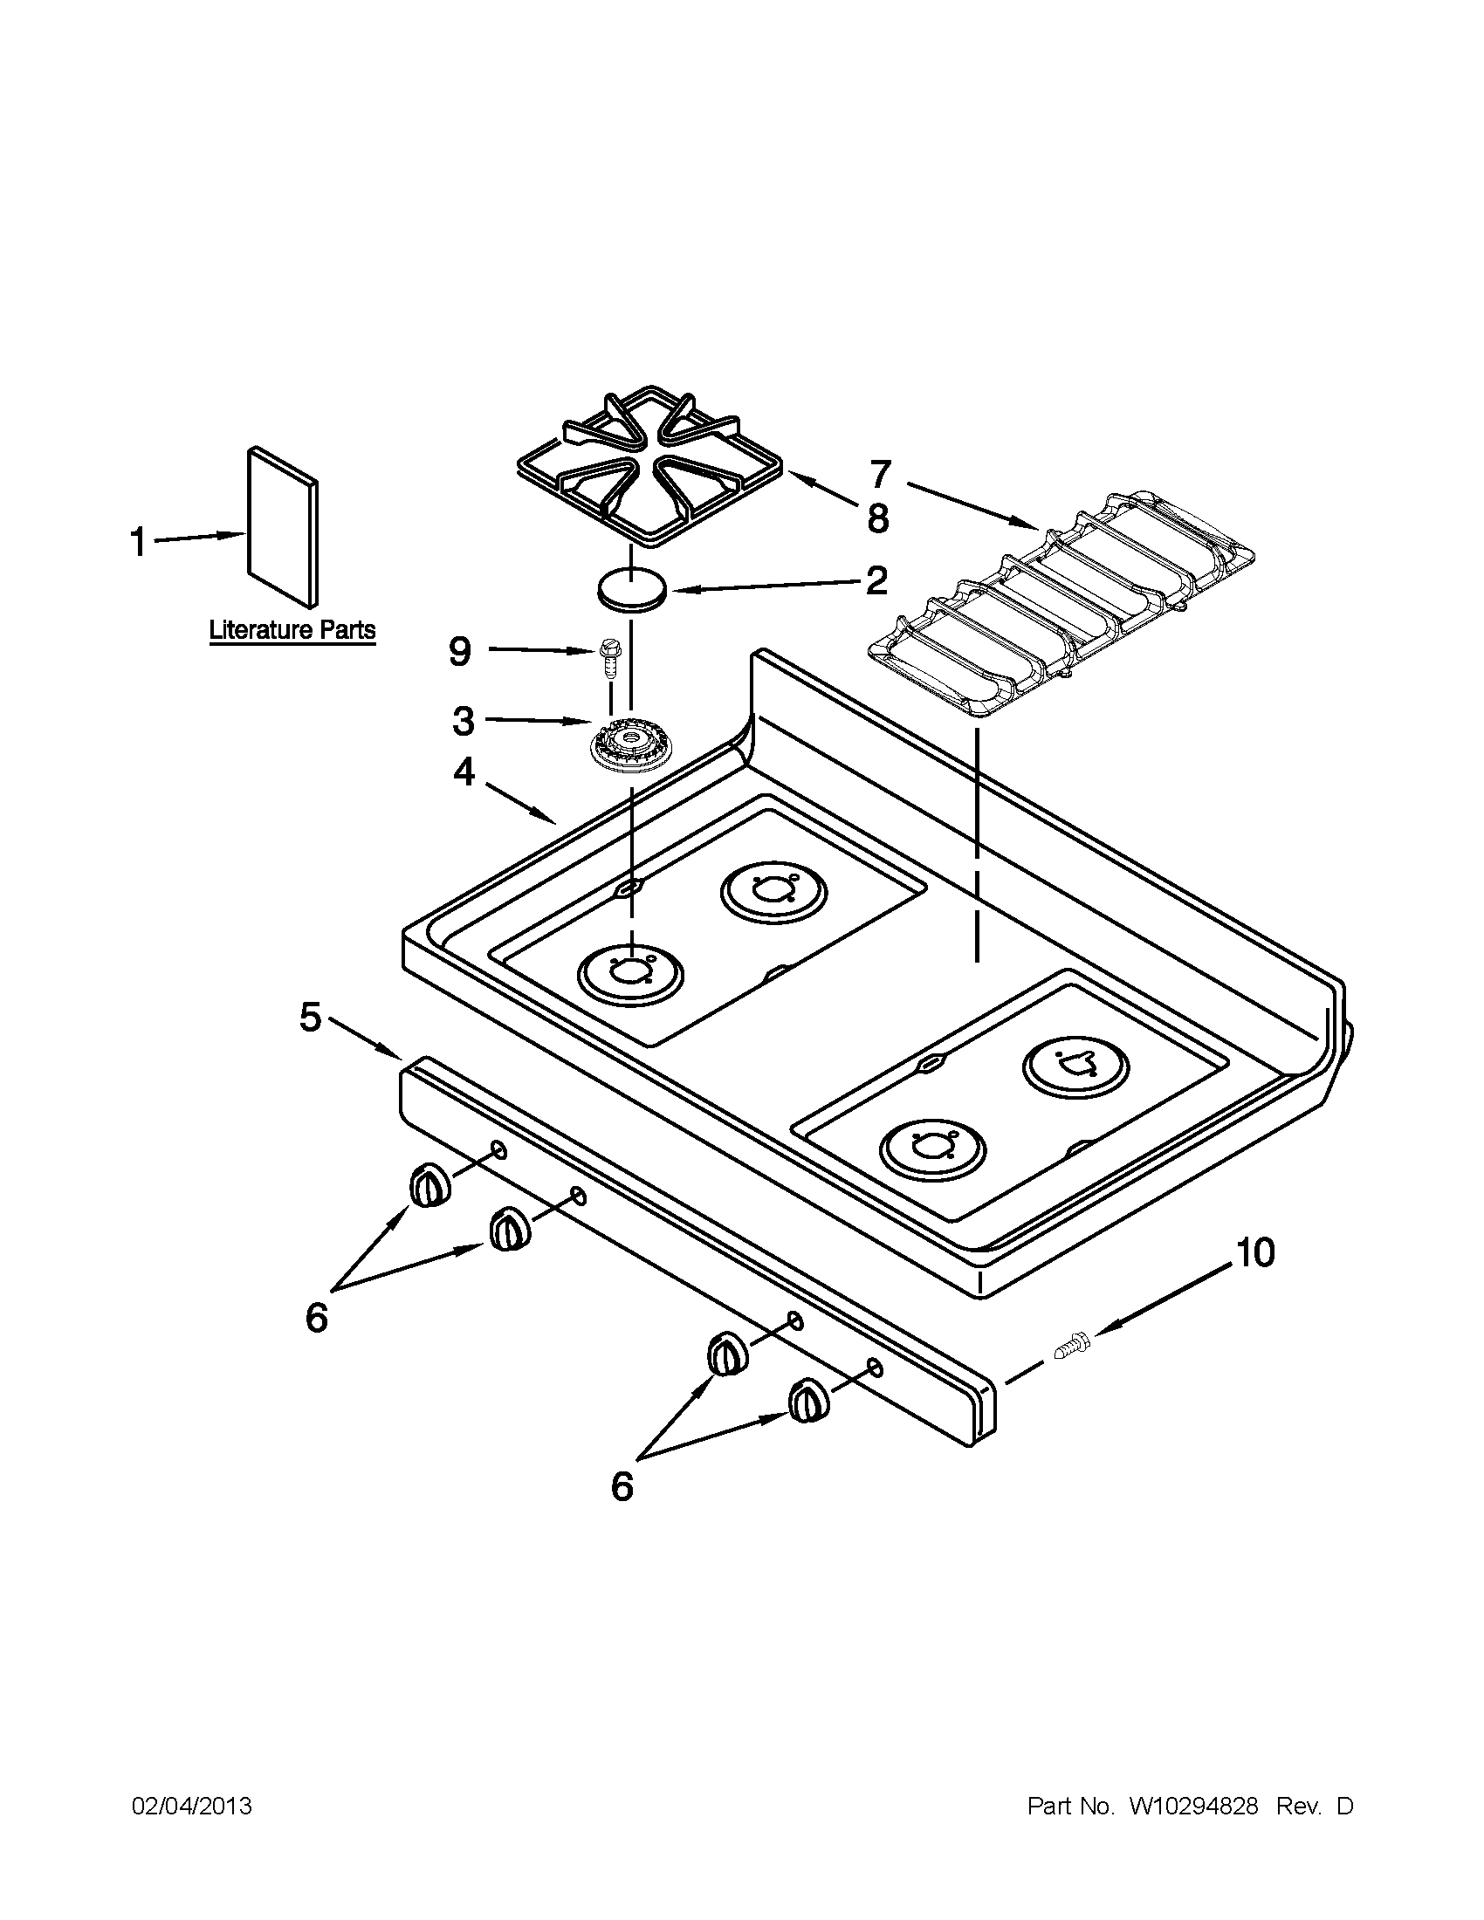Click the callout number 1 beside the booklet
[137, 542]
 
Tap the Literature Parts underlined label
[292, 630]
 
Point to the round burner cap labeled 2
[630, 588]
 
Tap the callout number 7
[881, 475]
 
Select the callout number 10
[1255, 1253]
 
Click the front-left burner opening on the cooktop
[630, 974]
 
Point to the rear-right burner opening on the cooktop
[1076, 1066]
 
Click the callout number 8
[877, 518]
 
